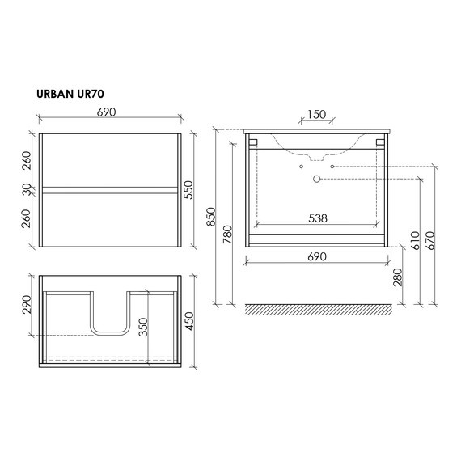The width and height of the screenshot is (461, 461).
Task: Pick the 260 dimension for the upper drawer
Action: pos(26,159)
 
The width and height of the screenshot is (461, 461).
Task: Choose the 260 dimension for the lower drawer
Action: pos(26,218)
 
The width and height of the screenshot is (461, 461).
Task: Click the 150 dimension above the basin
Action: pos(316,115)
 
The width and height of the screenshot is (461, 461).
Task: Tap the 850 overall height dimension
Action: pos(212,217)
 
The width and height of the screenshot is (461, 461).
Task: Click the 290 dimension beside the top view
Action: pos(26,305)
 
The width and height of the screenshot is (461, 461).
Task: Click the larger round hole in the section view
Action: pos(315,178)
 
